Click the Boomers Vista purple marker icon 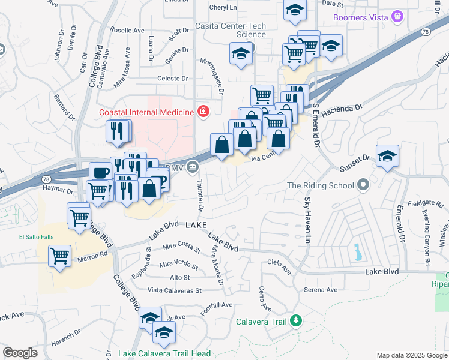click(397, 17)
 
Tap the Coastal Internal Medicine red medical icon click(203, 112)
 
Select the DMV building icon click(193, 166)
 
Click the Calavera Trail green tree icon click(295, 321)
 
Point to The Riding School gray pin click(362, 185)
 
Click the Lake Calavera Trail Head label click(160, 353)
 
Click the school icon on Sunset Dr click(388, 156)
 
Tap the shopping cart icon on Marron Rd click(59, 257)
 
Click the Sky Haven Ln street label click(307, 212)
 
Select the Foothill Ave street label click(217, 305)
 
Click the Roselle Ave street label click(127, 30)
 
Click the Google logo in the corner click(20, 353)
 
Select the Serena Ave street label click(321, 290)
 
